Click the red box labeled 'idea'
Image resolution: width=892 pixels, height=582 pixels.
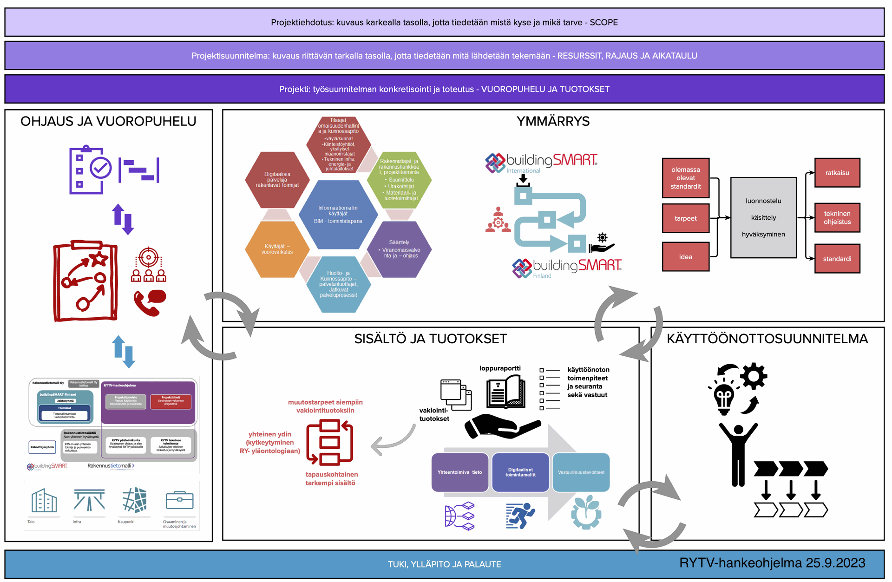point(685,257)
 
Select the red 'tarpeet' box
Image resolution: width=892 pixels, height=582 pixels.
point(685,218)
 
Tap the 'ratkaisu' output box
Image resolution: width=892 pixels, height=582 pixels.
point(837,173)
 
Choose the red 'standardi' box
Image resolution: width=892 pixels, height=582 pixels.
point(837,259)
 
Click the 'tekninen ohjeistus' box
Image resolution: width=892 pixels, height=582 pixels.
point(837,218)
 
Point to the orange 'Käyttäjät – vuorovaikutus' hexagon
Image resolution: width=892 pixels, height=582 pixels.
point(277,249)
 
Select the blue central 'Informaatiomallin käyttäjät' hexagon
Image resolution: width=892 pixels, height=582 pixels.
point(338,215)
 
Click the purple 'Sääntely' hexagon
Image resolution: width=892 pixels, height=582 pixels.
point(400,249)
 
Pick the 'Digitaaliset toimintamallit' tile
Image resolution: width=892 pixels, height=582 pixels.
point(520,472)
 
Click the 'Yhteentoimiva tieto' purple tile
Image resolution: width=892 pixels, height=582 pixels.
point(459,472)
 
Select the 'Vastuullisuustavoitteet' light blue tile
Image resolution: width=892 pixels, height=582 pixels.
point(581,472)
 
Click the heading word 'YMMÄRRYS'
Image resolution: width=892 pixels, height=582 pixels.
point(553,121)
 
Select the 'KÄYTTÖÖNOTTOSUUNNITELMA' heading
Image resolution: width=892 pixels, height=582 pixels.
point(767,339)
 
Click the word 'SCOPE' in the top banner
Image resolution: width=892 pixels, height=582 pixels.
point(603,22)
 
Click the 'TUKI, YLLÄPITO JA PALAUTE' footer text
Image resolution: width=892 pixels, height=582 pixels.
point(444,564)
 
